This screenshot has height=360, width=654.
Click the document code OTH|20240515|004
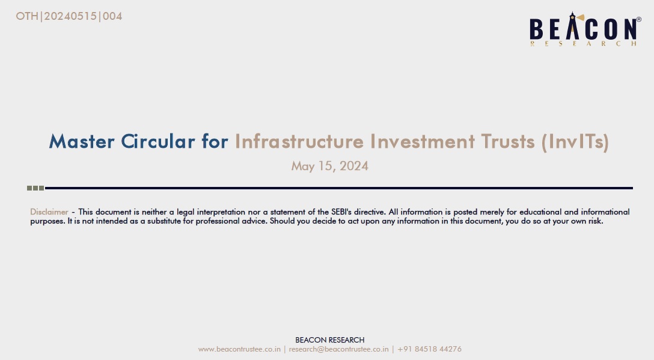coord(69,16)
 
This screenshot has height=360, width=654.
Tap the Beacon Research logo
coord(585,29)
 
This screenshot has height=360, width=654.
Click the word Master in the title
coord(82,141)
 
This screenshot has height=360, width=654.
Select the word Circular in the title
coord(158,141)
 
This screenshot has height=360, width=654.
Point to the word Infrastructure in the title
coord(299,141)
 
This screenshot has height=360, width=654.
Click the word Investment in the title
coord(422,141)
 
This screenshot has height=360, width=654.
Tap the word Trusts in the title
coord(507,141)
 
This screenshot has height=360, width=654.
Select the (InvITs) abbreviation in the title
coord(575,142)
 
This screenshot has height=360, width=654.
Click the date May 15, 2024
coord(329,166)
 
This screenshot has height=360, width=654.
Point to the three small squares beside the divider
coord(35,188)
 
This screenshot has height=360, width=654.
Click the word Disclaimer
coord(49,212)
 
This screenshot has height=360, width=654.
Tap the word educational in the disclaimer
coord(540,212)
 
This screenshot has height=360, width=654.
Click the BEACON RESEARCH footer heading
coord(329,340)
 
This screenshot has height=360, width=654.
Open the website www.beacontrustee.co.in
coord(239,349)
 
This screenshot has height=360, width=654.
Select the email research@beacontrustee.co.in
coord(338,349)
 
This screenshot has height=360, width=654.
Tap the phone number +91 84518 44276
coord(429,349)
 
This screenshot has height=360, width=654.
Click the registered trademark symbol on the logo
coord(638,19)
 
